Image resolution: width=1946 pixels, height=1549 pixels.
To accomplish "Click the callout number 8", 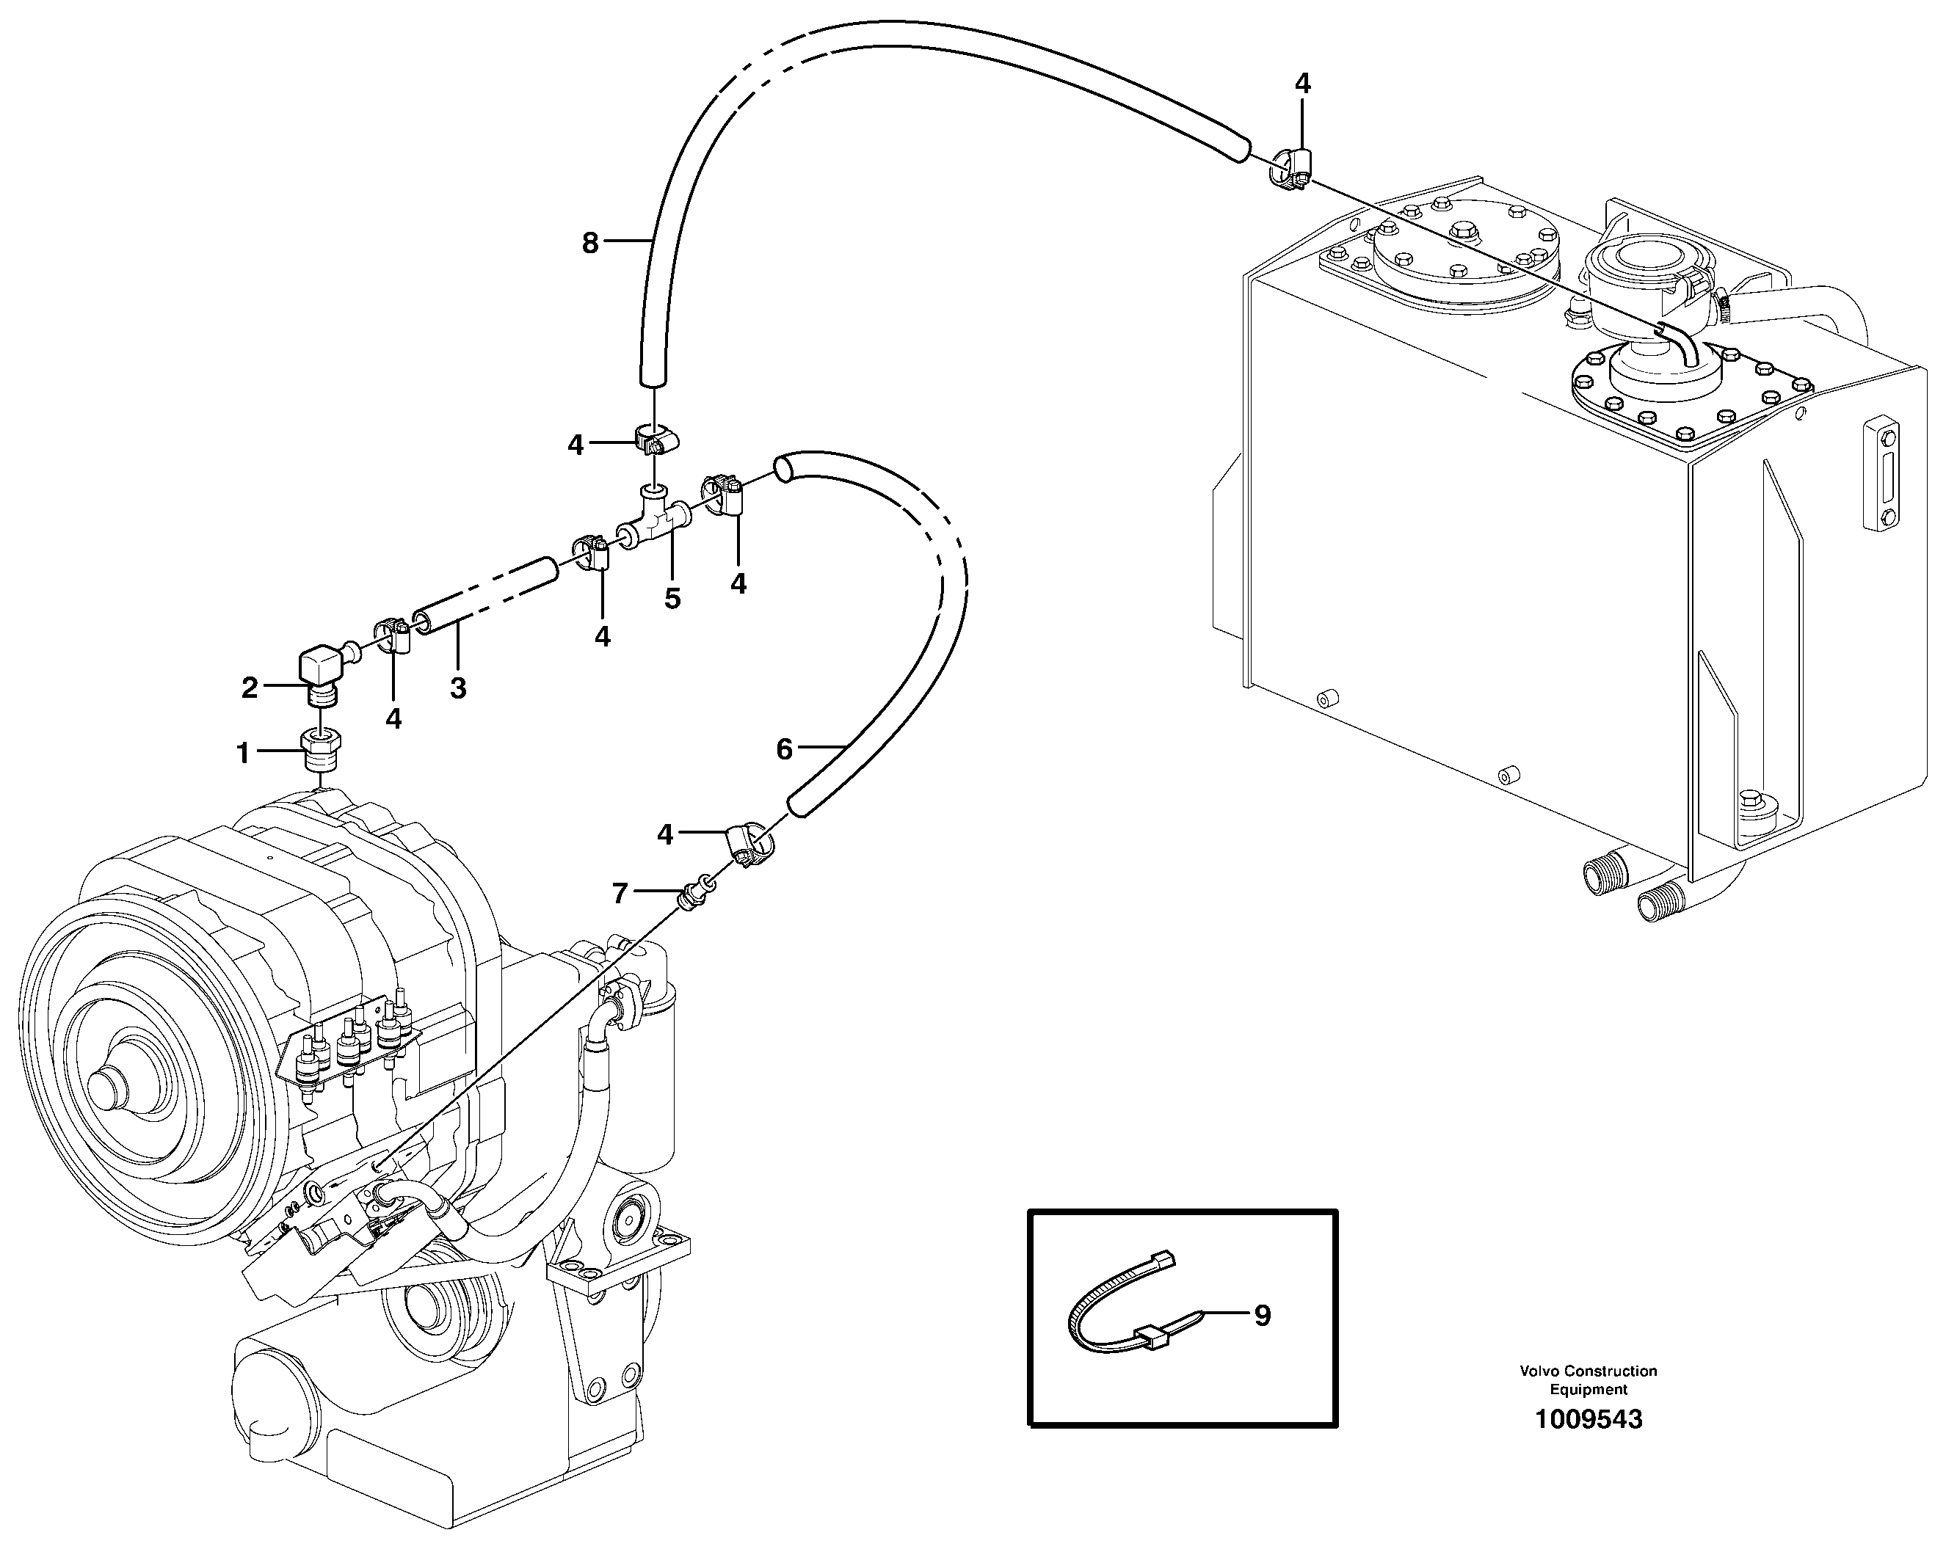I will (x=589, y=243).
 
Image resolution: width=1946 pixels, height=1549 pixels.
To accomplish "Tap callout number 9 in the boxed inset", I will (x=1262, y=1316).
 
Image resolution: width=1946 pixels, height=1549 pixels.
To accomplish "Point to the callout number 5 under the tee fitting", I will (x=672, y=599).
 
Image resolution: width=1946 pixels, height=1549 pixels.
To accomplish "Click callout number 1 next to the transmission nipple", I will (x=243, y=754).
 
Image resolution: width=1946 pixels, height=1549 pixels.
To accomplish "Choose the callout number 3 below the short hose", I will (x=457, y=688).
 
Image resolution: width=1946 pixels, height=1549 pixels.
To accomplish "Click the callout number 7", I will (x=620, y=893).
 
